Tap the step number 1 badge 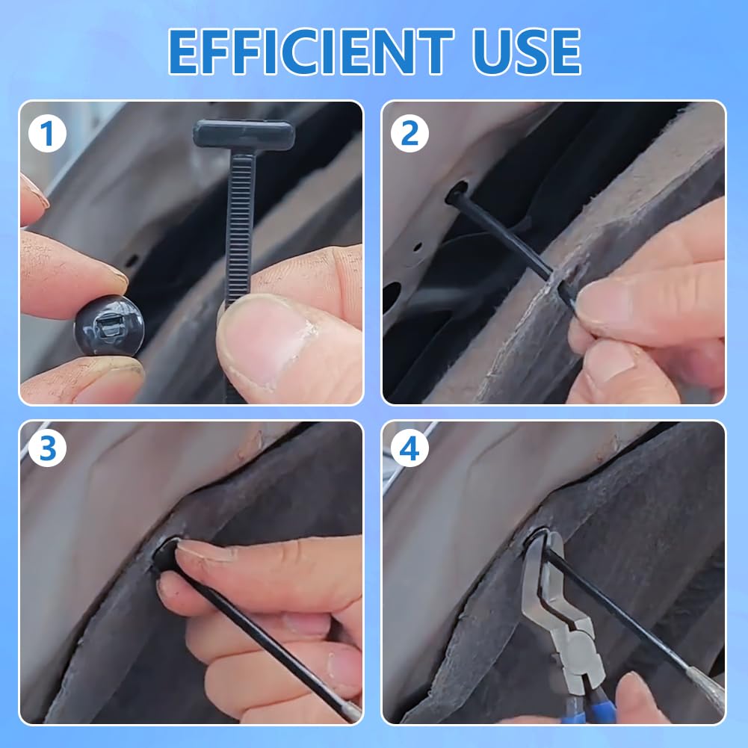(48, 135)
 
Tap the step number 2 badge (409, 135)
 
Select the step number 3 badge (48, 448)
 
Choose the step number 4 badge (409, 448)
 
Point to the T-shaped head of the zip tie (244, 135)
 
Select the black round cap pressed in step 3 (166, 557)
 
